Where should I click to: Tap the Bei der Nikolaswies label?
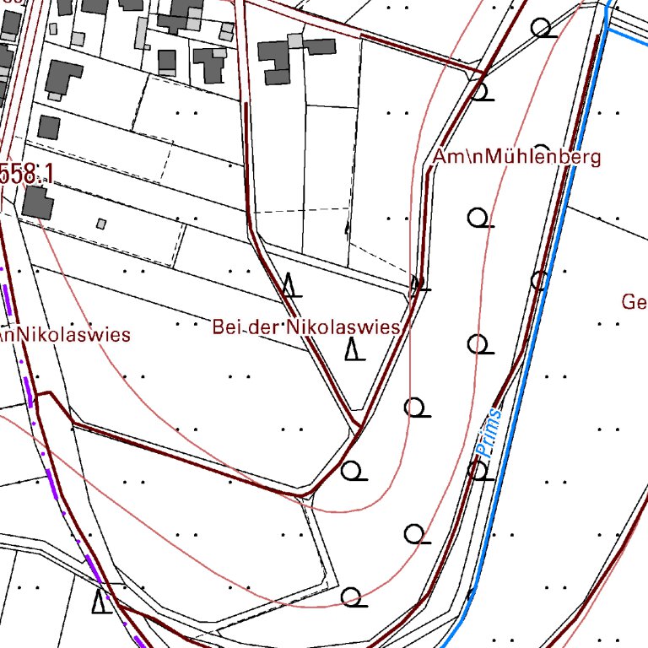pyautogui.click(x=305, y=327)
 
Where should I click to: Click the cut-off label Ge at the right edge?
pyautogui.click(x=634, y=302)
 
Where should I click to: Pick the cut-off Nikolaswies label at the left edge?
pyautogui.click(x=66, y=335)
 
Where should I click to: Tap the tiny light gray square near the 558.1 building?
pyautogui.click(x=101, y=224)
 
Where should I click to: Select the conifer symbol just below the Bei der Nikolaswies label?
pyautogui.click(x=356, y=348)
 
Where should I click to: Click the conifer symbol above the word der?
pyautogui.click(x=291, y=286)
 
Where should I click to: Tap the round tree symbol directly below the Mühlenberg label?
pyautogui.click(x=479, y=219)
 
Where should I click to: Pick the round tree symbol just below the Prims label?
pyautogui.click(x=479, y=469)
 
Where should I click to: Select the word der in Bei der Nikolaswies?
pyautogui.click(x=265, y=327)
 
